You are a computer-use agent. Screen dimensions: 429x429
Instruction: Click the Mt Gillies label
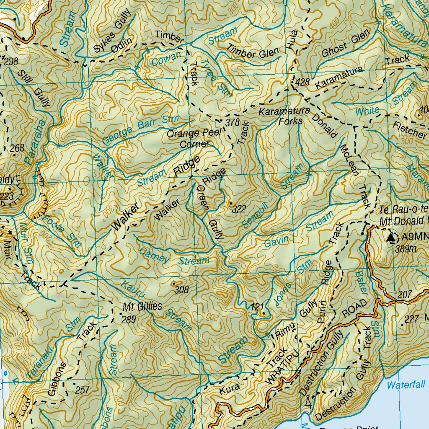coord(142,306)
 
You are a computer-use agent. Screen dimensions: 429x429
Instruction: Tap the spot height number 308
coord(182,289)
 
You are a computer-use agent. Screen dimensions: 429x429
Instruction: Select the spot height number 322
coord(239,209)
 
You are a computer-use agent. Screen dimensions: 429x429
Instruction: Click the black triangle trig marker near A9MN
coord(391,238)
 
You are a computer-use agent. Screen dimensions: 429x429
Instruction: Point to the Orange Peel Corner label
coord(194,139)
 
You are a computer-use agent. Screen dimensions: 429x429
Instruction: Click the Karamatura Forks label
coord(284,116)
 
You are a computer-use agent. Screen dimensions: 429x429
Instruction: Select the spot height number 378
coord(232,123)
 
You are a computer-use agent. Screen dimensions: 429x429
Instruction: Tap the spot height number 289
coord(129,320)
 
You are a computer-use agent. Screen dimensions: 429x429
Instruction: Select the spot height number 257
coord(83,390)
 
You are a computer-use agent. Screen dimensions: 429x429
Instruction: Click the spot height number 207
coord(405,295)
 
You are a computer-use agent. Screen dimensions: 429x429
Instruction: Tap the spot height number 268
coord(17,148)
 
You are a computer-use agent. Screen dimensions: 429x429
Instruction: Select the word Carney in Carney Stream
coord(154,255)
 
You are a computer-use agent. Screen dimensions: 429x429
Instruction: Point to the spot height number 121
coord(256,307)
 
